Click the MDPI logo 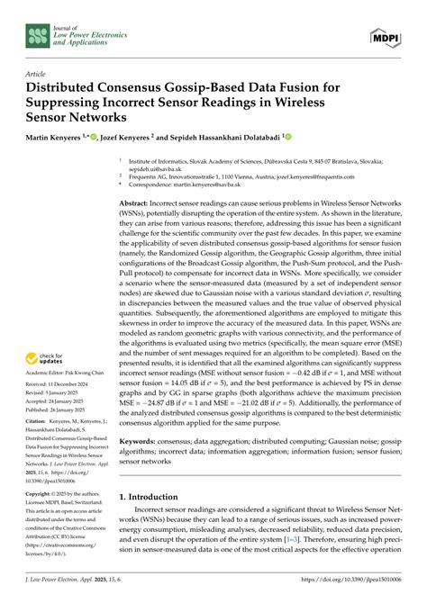tap(386, 34)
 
